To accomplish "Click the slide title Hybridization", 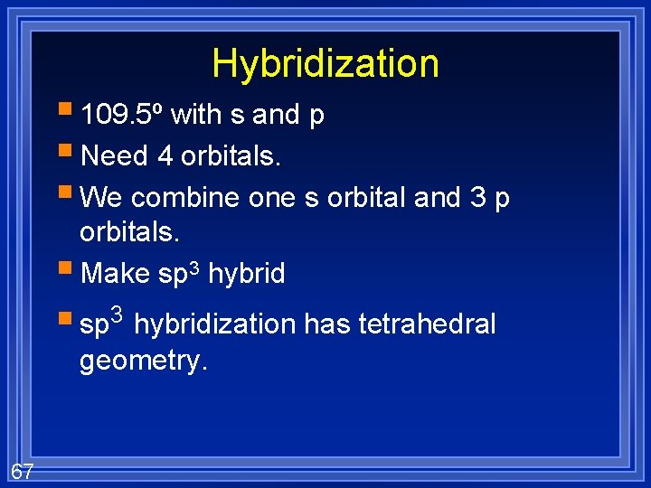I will [325, 63].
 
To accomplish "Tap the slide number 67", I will [23, 470].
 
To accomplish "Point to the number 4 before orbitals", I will [165, 156].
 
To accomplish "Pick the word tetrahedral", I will [434, 324].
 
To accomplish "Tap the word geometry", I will [144, 361].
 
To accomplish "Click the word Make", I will [116, 274].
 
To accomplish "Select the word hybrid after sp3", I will [246, 274].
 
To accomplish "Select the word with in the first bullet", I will [196, 115].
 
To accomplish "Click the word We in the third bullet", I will [100, 198].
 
